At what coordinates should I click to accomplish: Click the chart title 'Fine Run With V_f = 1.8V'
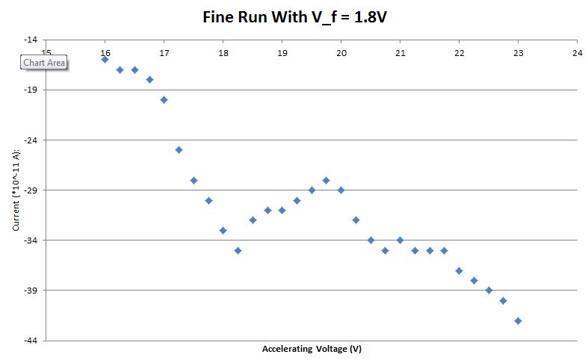tap(294, 16)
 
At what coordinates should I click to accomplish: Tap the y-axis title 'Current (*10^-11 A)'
tap(16, 190)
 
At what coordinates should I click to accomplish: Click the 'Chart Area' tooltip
tap(44, 63)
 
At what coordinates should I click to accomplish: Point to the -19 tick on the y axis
tap(31, 90)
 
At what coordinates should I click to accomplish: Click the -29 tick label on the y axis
tap(31, 190)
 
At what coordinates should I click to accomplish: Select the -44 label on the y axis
tap(31, 341)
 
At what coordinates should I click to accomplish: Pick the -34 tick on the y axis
tap(31, 240)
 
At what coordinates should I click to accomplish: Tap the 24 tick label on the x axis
tap(577, 53)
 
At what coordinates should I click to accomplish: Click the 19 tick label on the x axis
tap(282, 53)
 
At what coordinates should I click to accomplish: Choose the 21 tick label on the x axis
tap(400, 53)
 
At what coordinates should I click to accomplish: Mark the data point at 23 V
tap(518, 320)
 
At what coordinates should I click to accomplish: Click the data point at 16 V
tap(105, 59)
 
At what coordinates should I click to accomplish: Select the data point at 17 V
tap(164, 99)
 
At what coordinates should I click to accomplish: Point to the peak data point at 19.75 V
tap(326, 180)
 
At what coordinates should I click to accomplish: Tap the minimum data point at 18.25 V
tap(238, 250)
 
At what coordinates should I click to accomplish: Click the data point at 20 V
tap(341, 190)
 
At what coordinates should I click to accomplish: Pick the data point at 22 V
tap(459, 270)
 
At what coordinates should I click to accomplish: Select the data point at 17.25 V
tap(179, 149)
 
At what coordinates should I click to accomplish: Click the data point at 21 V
tap(400, 240)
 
